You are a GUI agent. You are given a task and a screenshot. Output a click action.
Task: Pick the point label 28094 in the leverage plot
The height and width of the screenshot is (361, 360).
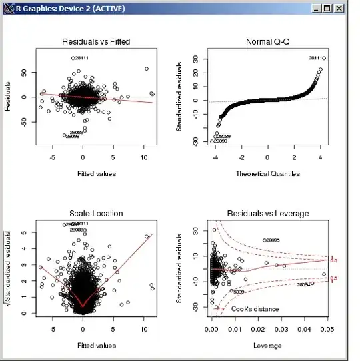(303, 285)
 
